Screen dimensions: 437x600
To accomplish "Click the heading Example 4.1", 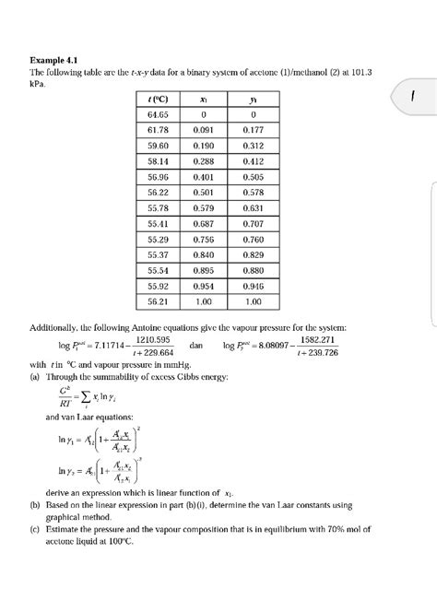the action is click(x=55, y=58).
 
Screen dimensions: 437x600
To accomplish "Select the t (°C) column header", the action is click(x=158, y=99).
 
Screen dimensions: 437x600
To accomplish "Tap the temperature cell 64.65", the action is click(x=158, y=114).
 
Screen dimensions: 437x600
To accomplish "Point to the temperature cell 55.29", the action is click(x=158, y=239).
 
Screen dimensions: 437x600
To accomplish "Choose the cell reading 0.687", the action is click(x=204, y=223).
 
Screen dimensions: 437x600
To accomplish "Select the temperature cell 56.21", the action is click(x=158, y=301).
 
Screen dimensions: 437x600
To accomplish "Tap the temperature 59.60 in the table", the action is click(x=158, y=146).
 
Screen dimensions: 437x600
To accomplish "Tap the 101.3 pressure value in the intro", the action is click(x=372, y=71).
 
